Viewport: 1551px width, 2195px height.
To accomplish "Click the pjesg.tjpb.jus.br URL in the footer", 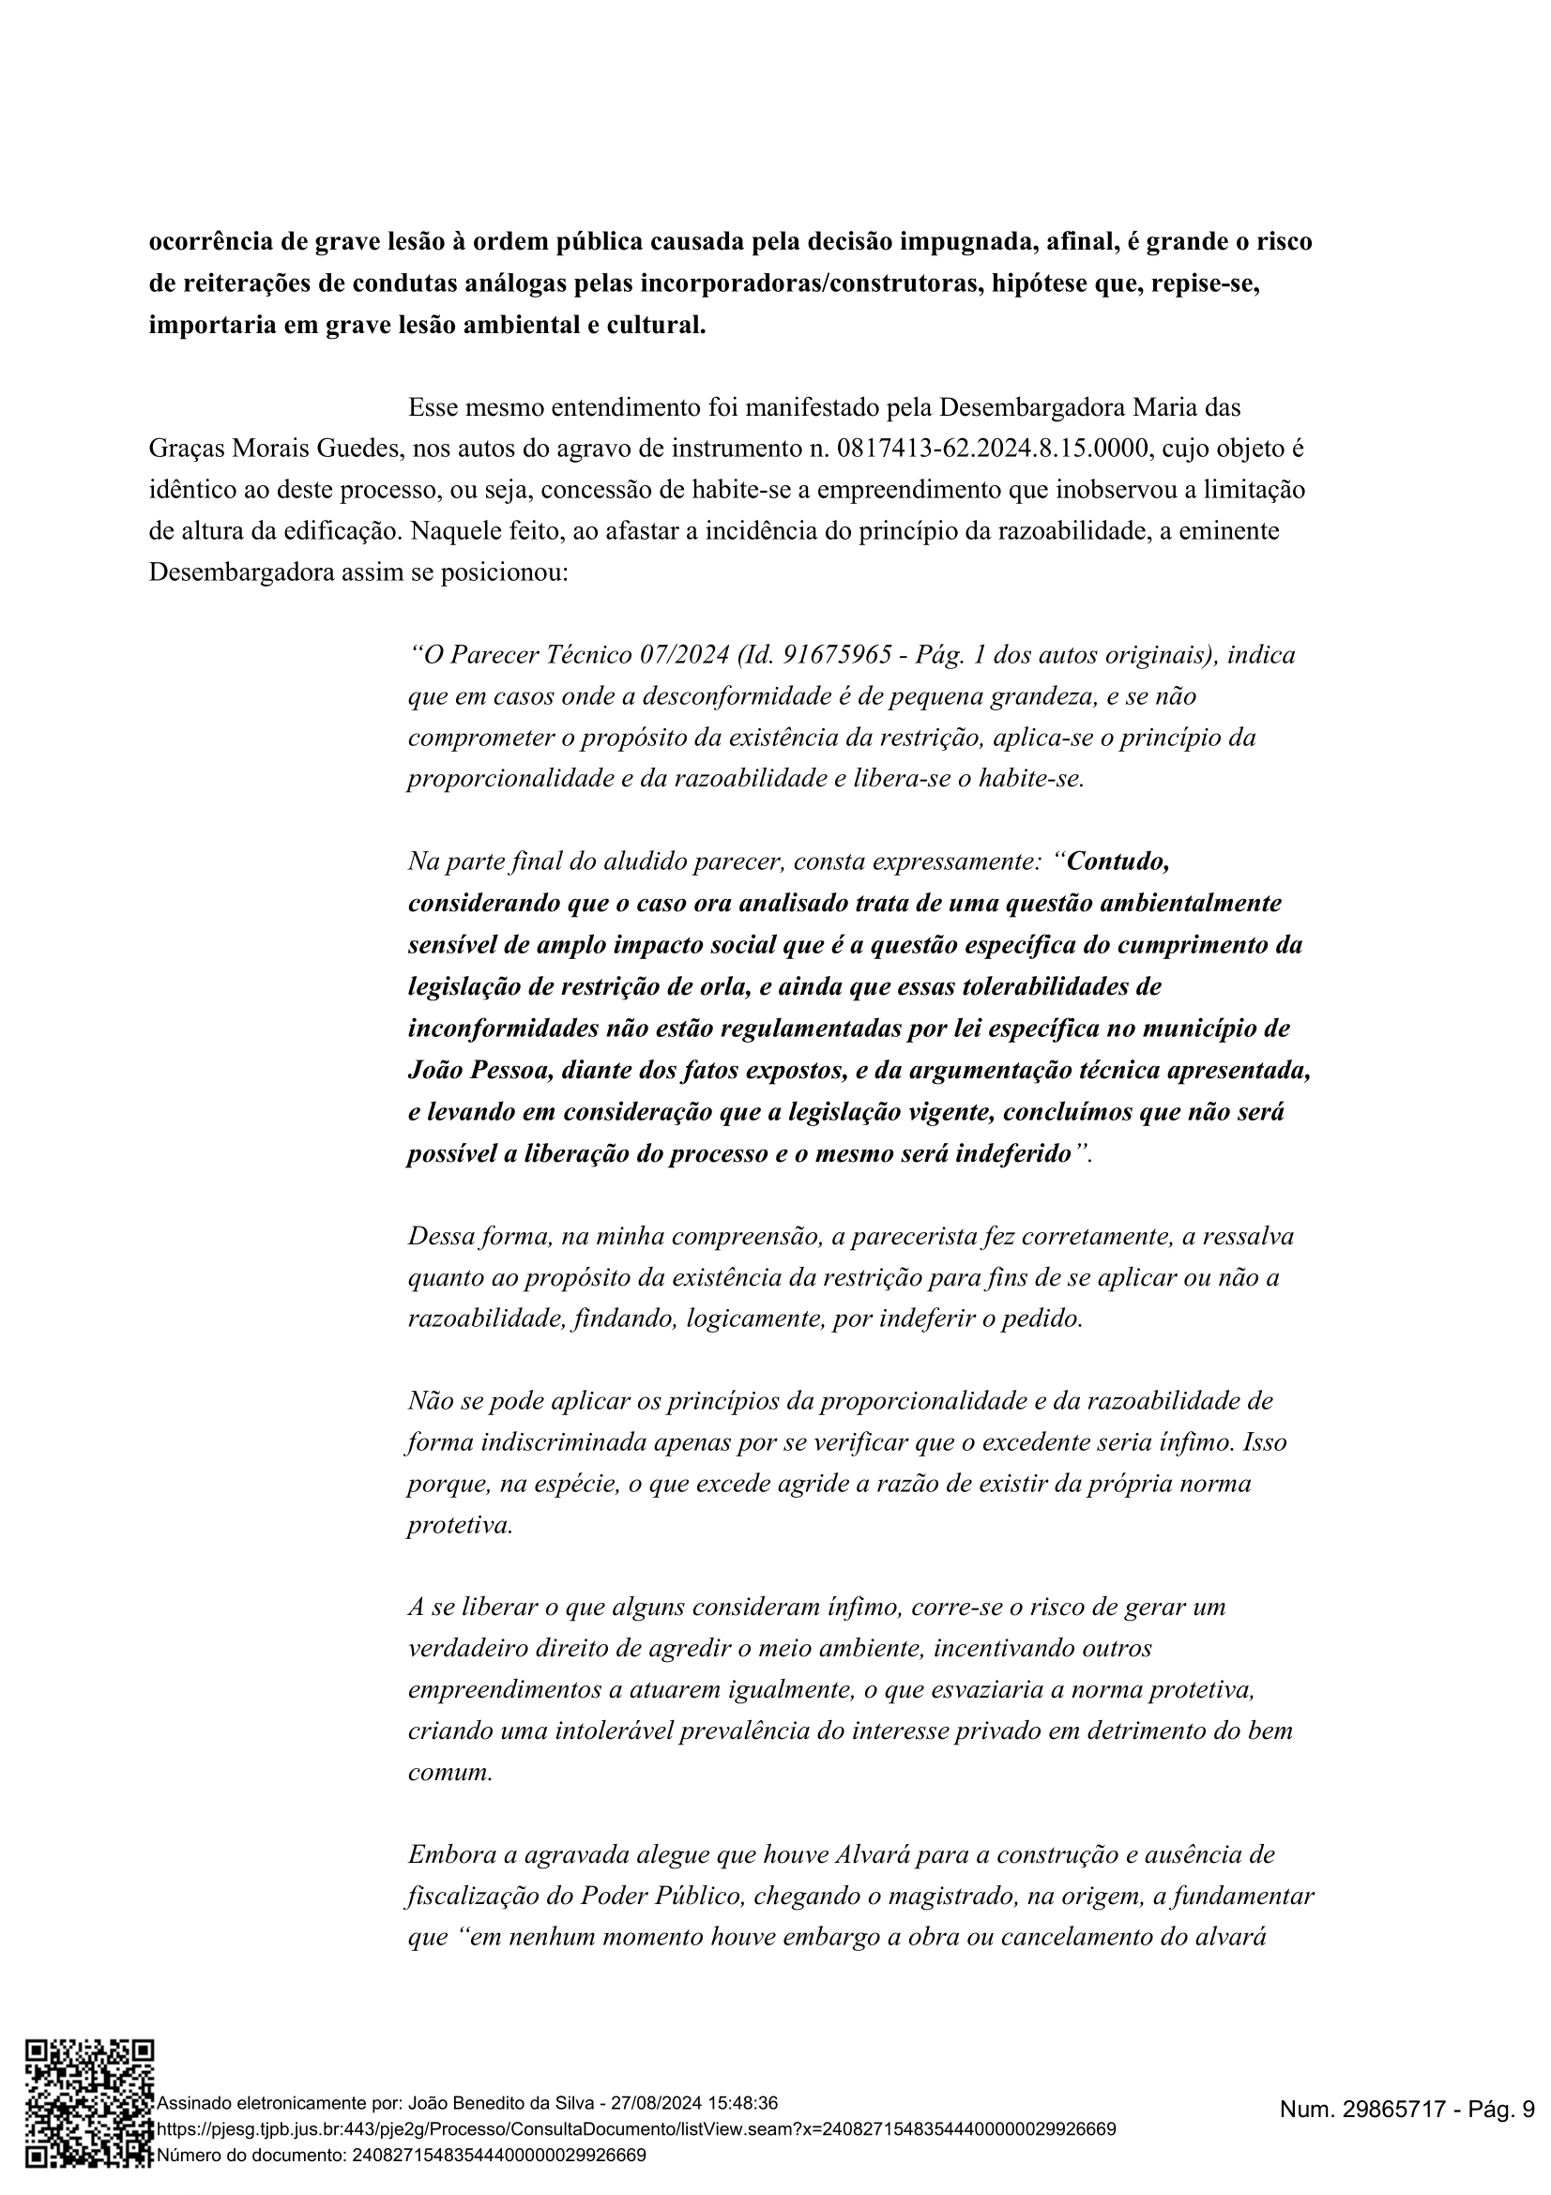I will tap(635, 2130).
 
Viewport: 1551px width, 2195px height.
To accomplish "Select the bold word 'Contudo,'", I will tap(1118, 861).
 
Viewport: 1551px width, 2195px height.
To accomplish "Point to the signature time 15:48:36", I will tap(741, 2103).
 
